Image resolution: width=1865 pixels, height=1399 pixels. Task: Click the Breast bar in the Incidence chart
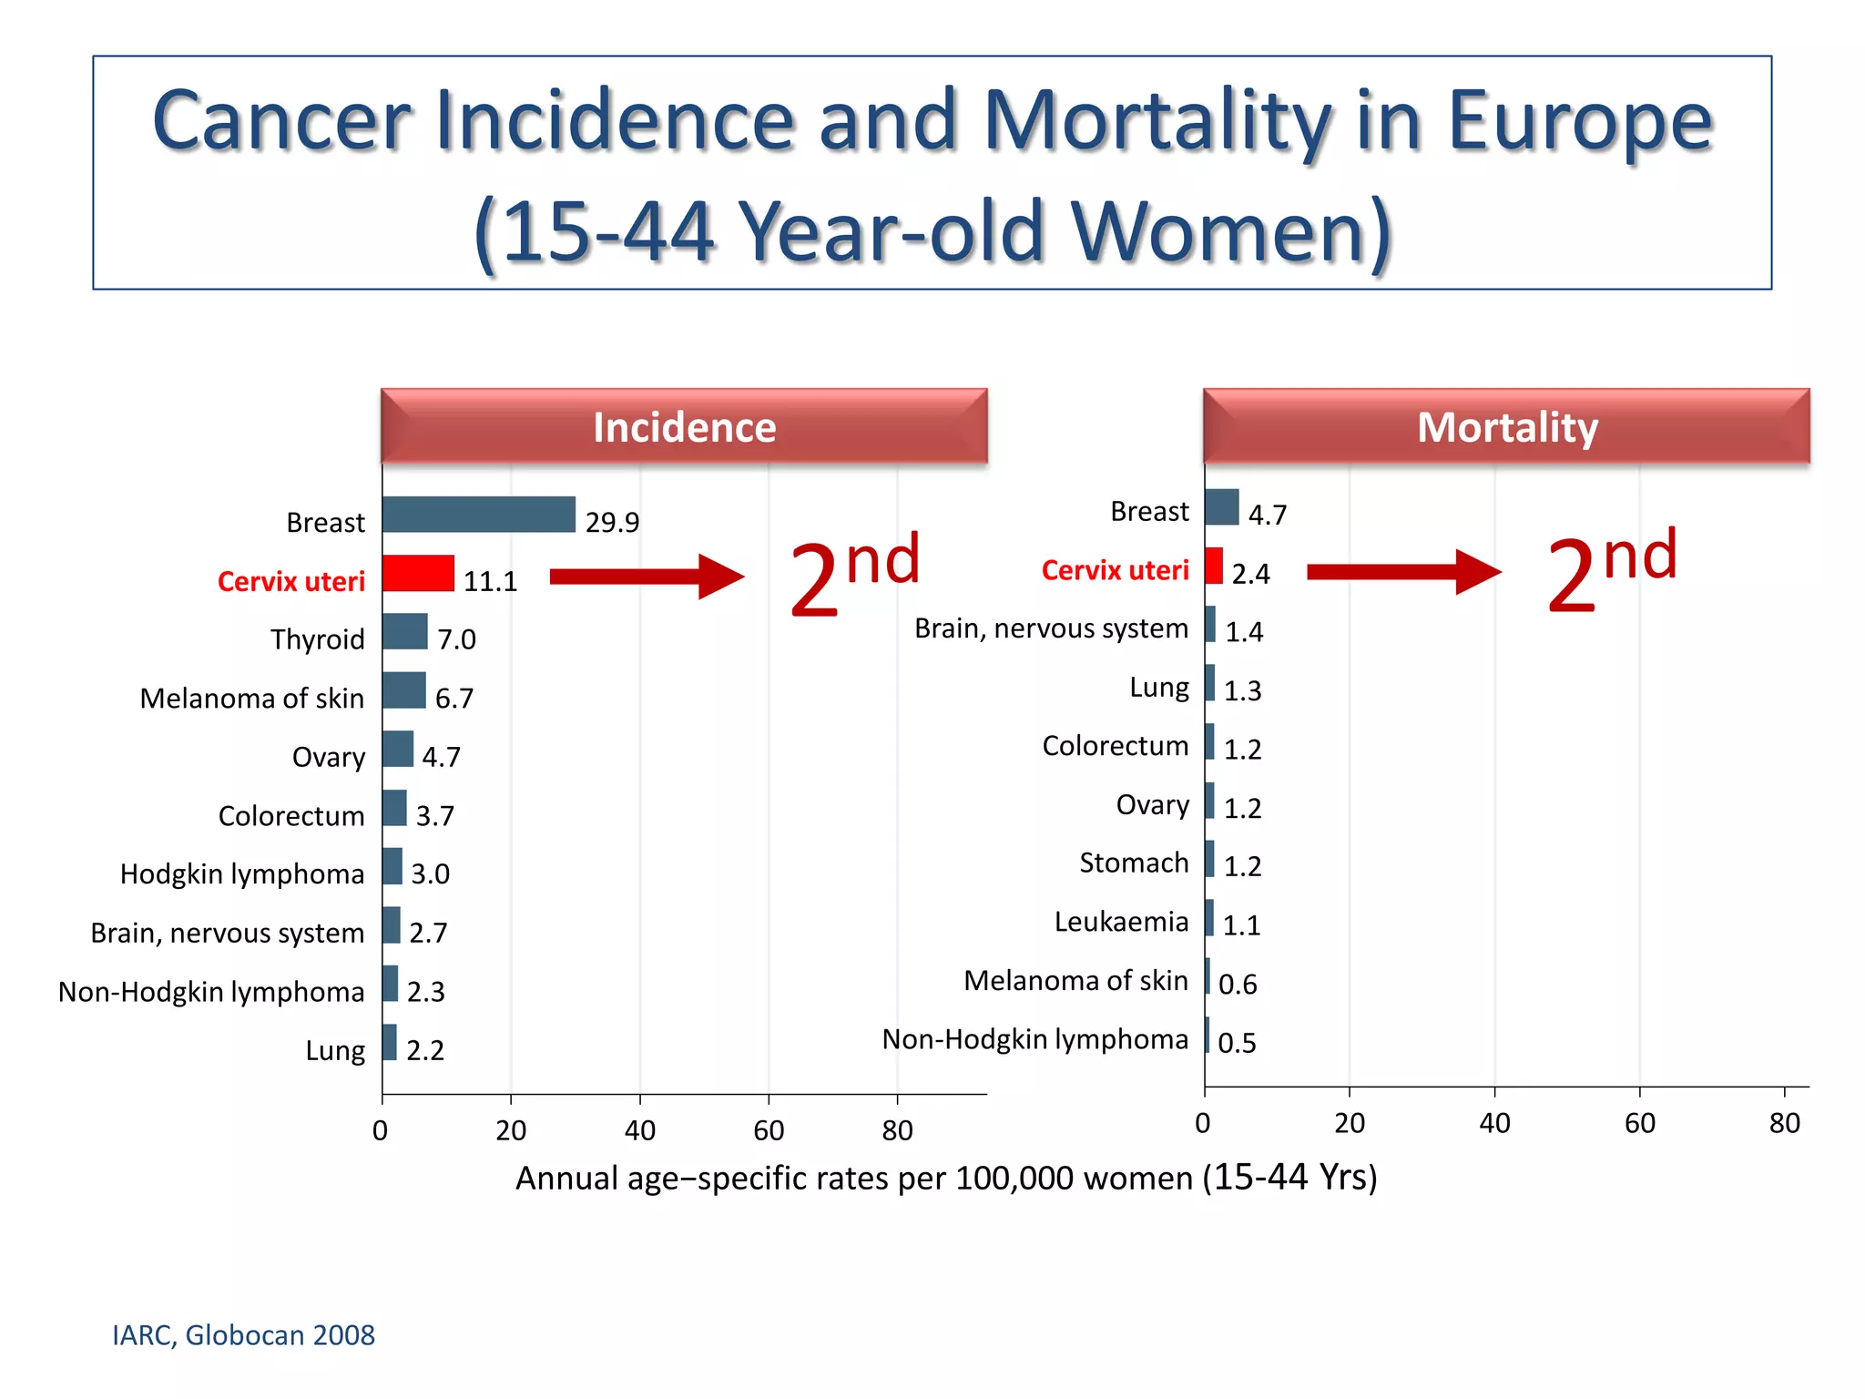pyautogui.click(x=479, y=515)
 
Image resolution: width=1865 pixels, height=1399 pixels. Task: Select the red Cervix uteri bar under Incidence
pyautogui.click(x=418, y=574)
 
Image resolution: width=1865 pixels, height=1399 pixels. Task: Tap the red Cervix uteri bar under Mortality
pyautogui.click(x=1213, y=566)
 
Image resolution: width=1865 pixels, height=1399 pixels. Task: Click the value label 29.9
pyautogui.click(x=612, y=523)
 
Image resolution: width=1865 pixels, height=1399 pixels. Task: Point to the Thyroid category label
pyautogui.click(x=317, y=639)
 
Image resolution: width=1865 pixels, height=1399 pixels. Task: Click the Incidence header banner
pyautogui.click(x=684, y=427)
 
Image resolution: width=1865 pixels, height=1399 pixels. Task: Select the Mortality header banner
pyautogui.click(x=1506, y=427)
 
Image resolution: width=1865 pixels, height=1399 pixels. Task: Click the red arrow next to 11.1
pyautogui.click(x=647, y=577)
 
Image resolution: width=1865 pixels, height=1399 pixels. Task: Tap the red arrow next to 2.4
pyautogui.click(x=1402, y=572)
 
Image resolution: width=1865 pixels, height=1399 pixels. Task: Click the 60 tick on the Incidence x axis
pyautogui.click(x=769, y=1130)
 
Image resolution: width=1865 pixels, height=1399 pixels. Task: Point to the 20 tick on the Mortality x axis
pyautogui.click(x=1350, y=1123)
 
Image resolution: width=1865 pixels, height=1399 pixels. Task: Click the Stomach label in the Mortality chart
pyautogui.click(x=1134, y=863)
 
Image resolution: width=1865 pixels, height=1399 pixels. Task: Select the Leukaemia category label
pyautogui.click(x=1121, y=922)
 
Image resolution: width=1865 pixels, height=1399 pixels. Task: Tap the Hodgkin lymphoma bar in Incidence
pyautogui.click(x=392, y=866)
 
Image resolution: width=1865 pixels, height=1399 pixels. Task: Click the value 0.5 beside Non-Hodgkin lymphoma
pyautogui.click(x=1237, y=1043)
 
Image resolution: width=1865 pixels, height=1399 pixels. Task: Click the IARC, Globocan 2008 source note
pyautogui.click(x=243, y=1335)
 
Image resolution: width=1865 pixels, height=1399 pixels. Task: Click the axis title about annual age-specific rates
pyautogui.click(x=946, y=1178)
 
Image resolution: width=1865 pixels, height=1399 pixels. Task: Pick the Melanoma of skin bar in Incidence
pyautogui.click(x=404, y=690)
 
